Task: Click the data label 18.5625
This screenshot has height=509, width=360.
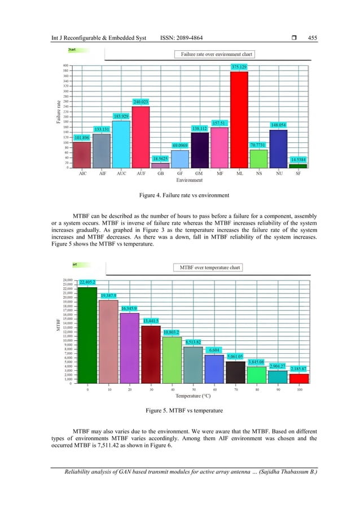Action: point(160,159)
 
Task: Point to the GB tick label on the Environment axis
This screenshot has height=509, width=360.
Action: point(160,174)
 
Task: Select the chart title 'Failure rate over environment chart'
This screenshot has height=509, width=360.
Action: point(215,55)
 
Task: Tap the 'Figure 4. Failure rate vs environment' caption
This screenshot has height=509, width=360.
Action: point(179,196)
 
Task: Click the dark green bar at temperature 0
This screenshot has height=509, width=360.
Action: point(87,335)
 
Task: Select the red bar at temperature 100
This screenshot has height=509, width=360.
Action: point(299,378)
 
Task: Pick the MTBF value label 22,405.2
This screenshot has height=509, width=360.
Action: point(87,282)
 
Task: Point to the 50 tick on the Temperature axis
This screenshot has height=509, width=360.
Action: point(194,389)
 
